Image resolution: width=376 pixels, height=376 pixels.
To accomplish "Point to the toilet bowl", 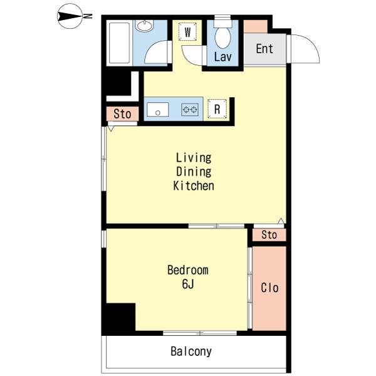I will (222, 36).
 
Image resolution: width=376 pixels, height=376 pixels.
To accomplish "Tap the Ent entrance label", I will (264, 48).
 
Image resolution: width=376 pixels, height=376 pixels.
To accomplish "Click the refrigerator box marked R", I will (217, 109).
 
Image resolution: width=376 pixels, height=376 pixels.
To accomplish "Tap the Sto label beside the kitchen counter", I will (122, 114).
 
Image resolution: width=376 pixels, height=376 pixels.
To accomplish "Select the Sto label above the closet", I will (269, 236).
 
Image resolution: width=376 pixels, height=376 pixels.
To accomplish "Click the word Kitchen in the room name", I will (194, 186).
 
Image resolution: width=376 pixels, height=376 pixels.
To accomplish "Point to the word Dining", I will (194, 172).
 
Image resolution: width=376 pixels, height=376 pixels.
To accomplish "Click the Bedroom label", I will (187, 271).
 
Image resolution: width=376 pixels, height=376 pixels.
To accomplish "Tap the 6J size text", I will (187, 285).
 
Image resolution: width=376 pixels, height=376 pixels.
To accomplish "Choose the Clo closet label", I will (269, 288).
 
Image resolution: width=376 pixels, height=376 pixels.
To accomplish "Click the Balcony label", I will (191, 352).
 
